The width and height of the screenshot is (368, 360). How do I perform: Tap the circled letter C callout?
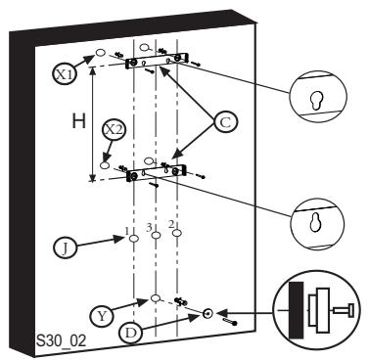click(224, 122)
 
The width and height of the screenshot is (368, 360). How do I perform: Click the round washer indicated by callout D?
click(208, 313)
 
